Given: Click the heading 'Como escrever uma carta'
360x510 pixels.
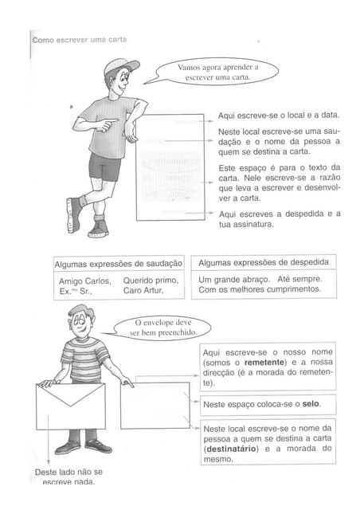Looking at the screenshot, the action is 79,40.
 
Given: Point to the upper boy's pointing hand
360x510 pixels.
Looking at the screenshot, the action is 112,123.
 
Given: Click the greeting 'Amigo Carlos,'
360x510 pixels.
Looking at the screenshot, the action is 83,280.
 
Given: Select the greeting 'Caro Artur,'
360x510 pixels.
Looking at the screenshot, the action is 143,292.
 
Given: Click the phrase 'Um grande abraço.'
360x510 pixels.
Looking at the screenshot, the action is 230,280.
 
